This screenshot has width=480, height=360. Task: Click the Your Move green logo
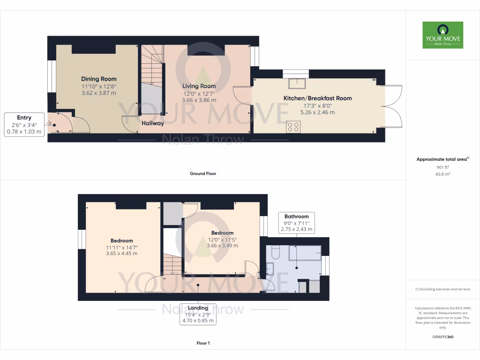pos(442,35)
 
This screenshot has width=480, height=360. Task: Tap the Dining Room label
pos(99,79)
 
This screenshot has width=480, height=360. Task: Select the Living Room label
pos(199,86)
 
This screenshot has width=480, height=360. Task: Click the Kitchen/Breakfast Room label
pos(317,98)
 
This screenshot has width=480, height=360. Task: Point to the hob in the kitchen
pos(293,126)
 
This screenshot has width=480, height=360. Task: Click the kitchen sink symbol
pos(296,83)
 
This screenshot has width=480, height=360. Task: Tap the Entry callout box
pos(24,124)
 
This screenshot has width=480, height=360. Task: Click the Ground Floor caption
pos(203,173)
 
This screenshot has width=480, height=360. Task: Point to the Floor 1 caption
pos(203,343)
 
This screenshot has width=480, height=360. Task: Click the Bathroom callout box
pos(297,223)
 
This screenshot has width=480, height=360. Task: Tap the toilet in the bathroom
pos(275,254)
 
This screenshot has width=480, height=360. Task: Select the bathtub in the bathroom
pos(305,253)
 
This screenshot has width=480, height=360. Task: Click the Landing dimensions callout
pos(199,315)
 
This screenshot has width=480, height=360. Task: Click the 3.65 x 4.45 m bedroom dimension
pos(120,254)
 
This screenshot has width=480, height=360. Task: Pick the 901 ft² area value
pos(442,167)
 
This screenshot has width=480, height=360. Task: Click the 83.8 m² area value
pos(442,174)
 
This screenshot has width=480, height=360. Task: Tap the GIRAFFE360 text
pos(442,337)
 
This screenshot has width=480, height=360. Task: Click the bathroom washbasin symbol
pos(270,269)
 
